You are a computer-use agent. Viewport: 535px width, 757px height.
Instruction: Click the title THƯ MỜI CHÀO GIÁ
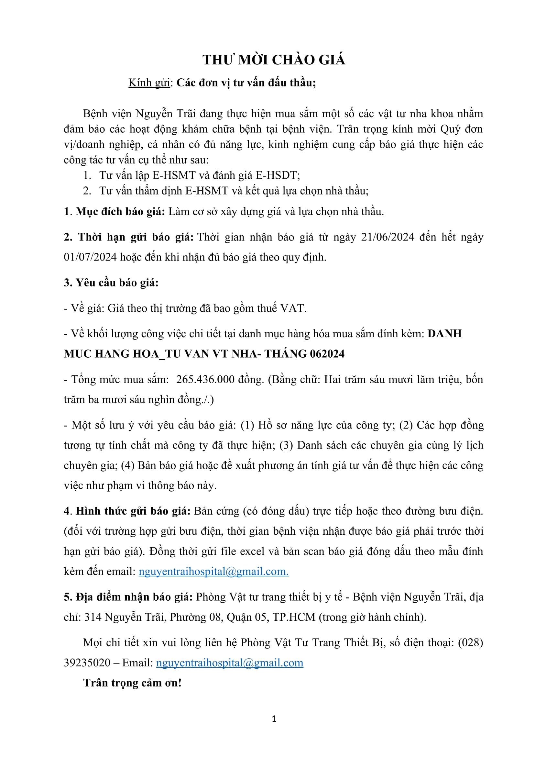(273, 60)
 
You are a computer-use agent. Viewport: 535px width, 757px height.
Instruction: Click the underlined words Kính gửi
(149, 83)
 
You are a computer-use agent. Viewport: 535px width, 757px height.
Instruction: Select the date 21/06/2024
(388, 237)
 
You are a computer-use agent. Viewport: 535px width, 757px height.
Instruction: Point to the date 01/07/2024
(90, 257)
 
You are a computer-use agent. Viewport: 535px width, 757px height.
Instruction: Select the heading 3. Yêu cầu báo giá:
(111, 283)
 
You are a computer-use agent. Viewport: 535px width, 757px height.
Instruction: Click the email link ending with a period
(213, 571)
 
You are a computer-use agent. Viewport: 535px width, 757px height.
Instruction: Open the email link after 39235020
(230, 663)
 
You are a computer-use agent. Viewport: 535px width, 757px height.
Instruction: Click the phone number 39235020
(87, 663)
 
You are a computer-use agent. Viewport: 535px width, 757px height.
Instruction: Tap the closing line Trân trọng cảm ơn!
(132, 683)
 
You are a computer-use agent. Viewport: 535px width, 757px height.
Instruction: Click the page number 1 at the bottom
(274, 719)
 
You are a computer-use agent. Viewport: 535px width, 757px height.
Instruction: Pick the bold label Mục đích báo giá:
(120, 212)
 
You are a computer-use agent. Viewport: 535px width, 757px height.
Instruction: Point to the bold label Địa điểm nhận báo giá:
(128, 597)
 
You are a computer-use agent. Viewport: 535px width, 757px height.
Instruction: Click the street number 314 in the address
(93, 617)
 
